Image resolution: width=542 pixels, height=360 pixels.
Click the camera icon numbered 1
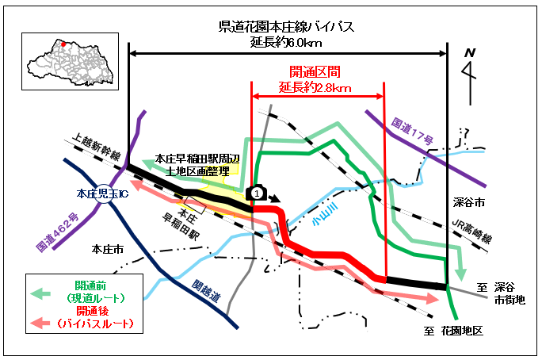point(256,193)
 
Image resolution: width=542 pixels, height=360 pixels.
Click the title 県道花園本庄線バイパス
point(286,27)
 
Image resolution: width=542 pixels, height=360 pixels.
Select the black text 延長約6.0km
point(286,42)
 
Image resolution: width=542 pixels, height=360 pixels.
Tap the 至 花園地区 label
point(456,330)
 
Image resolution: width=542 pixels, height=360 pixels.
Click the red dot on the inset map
point(63,34)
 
